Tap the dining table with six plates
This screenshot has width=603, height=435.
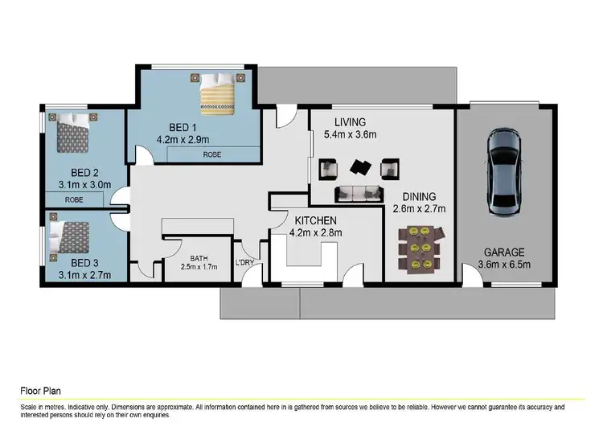pyautogui.click(x=419, y=248)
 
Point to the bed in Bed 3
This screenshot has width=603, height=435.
pyautogui.click(x=72, y=236)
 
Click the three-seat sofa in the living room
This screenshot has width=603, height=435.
pyautogui.click(x=358, y=192)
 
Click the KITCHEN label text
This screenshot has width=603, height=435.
pyautogui.click(x=314, y=220)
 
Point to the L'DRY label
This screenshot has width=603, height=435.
pyautogui.click(x=244, y=263)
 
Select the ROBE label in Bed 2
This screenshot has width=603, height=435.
pyautogui.click(x=74, y=199)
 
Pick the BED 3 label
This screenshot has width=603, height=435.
pyautogui.click(x=84, y=262)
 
